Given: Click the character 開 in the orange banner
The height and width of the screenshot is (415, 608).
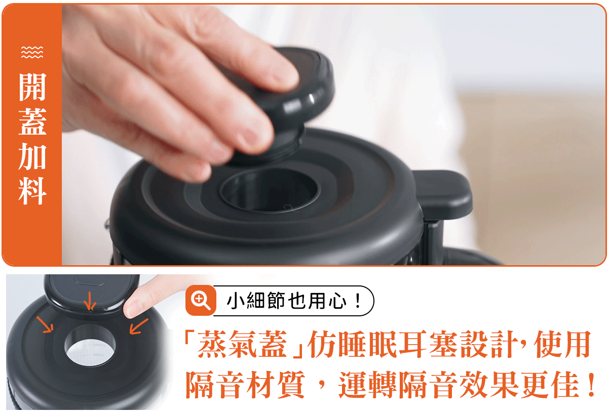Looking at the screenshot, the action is click(32, 87).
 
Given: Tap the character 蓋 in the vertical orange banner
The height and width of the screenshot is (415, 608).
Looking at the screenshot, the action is click(32, 121).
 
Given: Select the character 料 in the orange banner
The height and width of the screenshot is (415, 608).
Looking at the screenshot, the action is click(32, 191).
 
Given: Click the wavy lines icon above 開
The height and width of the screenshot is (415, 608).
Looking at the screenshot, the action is click(32, 52).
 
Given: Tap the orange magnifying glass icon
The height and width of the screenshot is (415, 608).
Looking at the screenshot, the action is click(201, 300).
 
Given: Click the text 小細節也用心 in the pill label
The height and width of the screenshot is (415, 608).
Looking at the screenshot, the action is click(286, 301).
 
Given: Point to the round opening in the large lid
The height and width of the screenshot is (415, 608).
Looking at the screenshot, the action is click(269, 190).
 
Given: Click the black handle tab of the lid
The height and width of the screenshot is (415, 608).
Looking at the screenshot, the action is click(443, 194).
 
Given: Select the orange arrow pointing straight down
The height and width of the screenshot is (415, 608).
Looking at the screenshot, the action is click(90, 301).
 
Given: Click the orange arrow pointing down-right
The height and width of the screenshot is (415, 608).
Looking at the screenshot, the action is click(45, 324).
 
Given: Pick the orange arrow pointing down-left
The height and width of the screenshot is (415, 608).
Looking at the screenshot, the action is click(139, 326).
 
